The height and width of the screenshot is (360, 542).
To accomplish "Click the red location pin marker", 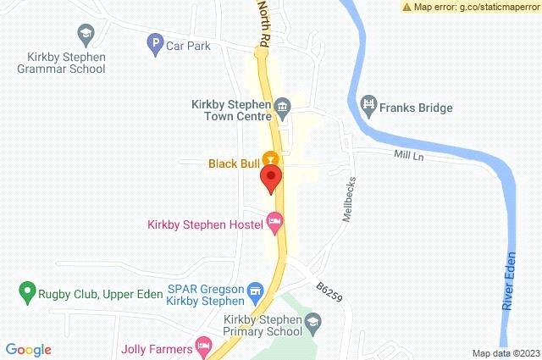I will pyautogui.click(x=271, y=179).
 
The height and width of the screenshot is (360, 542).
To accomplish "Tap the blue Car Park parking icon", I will pyautogui.click(x=155, y=45).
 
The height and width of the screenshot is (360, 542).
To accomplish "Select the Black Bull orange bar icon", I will pyautogui.click(x=270, y=158).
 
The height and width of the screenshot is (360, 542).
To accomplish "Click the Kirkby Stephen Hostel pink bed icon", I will pyautogui.click(x=274, y=223).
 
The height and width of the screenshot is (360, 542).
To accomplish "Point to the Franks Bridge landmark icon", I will pyautogui.click(x=368, y=106).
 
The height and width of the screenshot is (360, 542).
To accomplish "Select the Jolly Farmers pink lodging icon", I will pyautogui.click(x=203, y=345).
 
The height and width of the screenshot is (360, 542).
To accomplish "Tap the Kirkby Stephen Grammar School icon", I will pyautogui.click(x=85, y=35).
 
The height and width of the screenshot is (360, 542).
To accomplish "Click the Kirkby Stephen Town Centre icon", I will pyautogui.click(x=284, y=107).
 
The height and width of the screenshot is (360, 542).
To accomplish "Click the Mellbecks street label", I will pyautogui.click(x=349, y=199).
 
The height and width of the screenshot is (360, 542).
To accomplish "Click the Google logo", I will pyautogui.click(x=28, y=350).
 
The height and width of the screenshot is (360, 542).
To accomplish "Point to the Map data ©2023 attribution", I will pyautogui.click(x=505, y=353).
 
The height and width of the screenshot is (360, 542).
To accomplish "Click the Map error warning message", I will pyautogui.click(x=470, y=7).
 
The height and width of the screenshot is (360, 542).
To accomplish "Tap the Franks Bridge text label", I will pyautogui.click(x=416, y=108).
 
